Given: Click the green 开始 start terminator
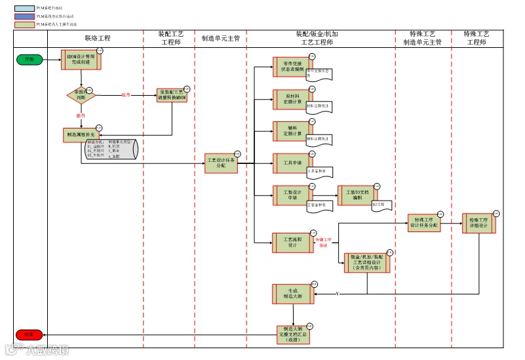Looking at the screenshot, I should [x=29, y=60].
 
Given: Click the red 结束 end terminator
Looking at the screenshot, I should [x=29, y=334].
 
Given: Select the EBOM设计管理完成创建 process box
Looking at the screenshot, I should [x=81, y=60].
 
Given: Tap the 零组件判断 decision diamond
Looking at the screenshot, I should [x=81, y=96].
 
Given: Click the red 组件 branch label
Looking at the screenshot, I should [x=126, y=94].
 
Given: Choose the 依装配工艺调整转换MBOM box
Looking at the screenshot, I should [x=172, y=96].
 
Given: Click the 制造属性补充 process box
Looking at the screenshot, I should [x=81, y=134].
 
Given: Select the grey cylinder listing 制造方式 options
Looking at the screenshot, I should [x=111, y=150].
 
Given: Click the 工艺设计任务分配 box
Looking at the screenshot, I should [x=222, y=163].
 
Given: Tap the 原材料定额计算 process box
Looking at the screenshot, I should [x=292, y=100].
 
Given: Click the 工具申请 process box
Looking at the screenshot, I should [x=292, y=163].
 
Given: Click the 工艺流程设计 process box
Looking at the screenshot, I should [x=292, y=243].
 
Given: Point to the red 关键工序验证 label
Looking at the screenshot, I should [x=324, y=243].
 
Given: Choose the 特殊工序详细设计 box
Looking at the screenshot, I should [x=478, y=222].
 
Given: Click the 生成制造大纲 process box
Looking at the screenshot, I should [x=292, y=294].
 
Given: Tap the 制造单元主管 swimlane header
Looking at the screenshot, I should [x=221, y=39].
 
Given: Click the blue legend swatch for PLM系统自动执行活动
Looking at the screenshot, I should [x=24, y=16].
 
